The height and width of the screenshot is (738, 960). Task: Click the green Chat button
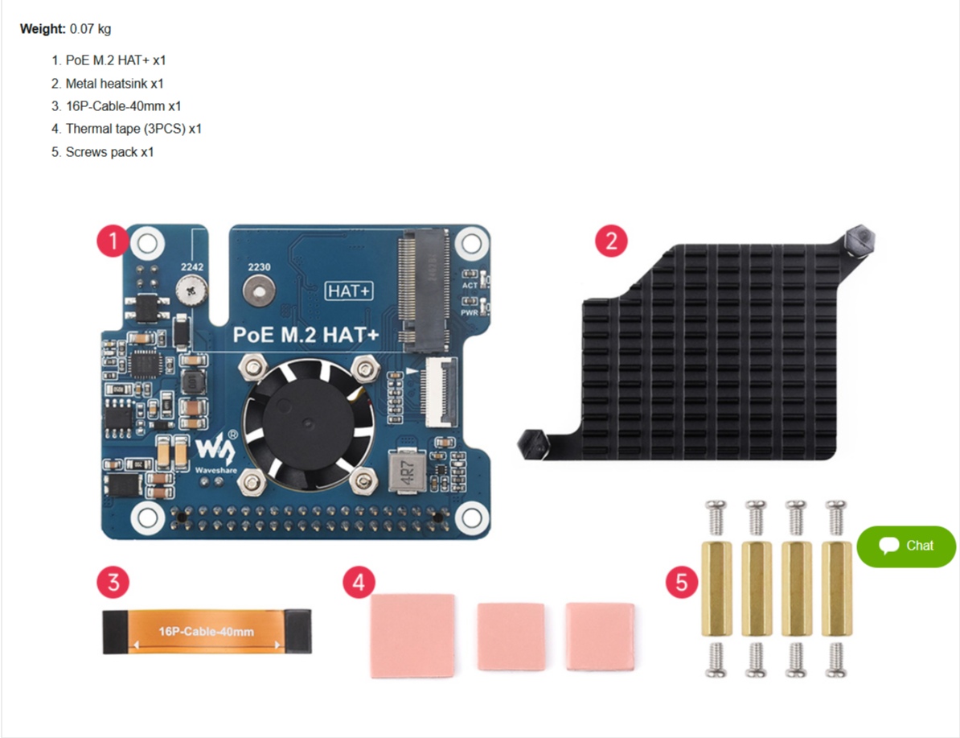(906, 546)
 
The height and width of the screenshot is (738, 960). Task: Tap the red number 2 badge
(610, 240)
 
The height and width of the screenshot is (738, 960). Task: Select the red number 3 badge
(113, 582)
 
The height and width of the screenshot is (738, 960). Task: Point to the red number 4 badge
(358, 582)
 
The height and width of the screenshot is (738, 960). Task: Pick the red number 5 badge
(682, 582)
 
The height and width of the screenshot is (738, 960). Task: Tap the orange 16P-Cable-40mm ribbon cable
(207, 631)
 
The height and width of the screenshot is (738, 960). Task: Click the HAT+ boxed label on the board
(350, 291)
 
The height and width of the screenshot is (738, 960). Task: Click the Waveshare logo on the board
(212, 453)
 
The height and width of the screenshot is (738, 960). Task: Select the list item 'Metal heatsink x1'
(108, 83)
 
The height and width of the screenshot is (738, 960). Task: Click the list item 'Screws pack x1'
(102, 151)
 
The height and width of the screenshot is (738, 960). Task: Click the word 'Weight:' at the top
(42, 29)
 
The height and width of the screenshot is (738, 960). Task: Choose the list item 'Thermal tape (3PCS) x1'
(126, 128)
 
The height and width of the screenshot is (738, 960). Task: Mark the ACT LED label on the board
(470, 285)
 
